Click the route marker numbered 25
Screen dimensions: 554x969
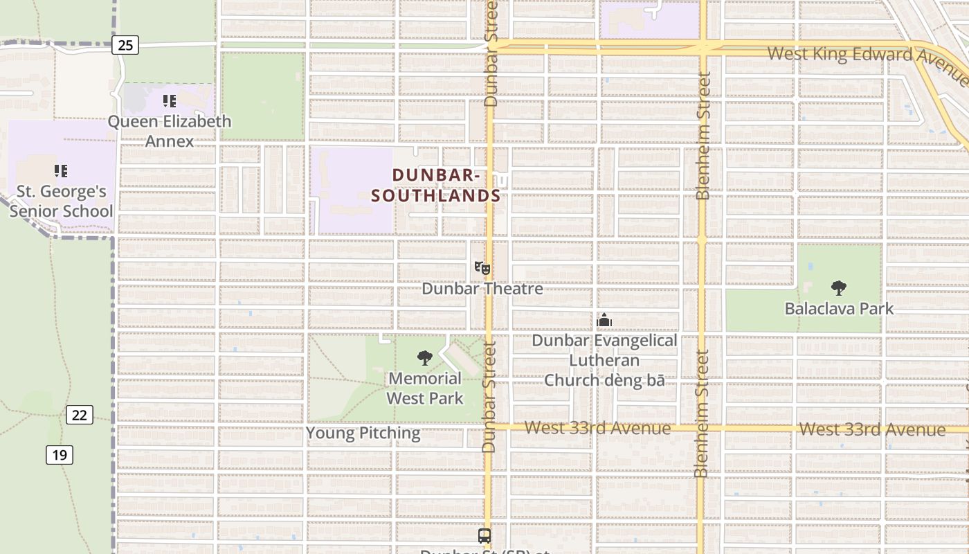[x=125, y=46]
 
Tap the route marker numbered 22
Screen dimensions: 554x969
[x=80, y=415]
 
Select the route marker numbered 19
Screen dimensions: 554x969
[x=60, y=455]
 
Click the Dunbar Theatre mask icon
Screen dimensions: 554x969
[x=482, y=268]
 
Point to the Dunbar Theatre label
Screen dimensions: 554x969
[x=482, y=288]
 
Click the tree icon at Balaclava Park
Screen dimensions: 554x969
[x=839, y=287]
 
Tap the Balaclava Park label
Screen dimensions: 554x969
[x=839, y=308]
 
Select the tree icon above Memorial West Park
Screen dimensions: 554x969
[x=425, y=358]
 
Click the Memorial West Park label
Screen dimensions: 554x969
[x=425, y=388]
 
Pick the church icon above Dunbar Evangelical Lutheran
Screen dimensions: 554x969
[x=604, y=320]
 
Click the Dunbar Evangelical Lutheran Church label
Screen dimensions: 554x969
[x=604, y=360]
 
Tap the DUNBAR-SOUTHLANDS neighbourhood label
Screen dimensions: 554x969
[x=436, y=186]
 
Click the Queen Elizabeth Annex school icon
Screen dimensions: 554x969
[x=170, y=101]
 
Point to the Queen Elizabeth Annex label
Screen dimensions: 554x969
[x=170, y=131]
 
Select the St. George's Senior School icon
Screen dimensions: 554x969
[x=61, y=170]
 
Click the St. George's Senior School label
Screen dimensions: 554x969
[x=61, y=201]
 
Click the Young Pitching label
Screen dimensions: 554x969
[x=363, y=434]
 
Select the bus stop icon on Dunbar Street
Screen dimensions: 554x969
[x=484, y=535]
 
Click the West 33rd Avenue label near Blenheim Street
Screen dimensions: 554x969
[x=597, y=428]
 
